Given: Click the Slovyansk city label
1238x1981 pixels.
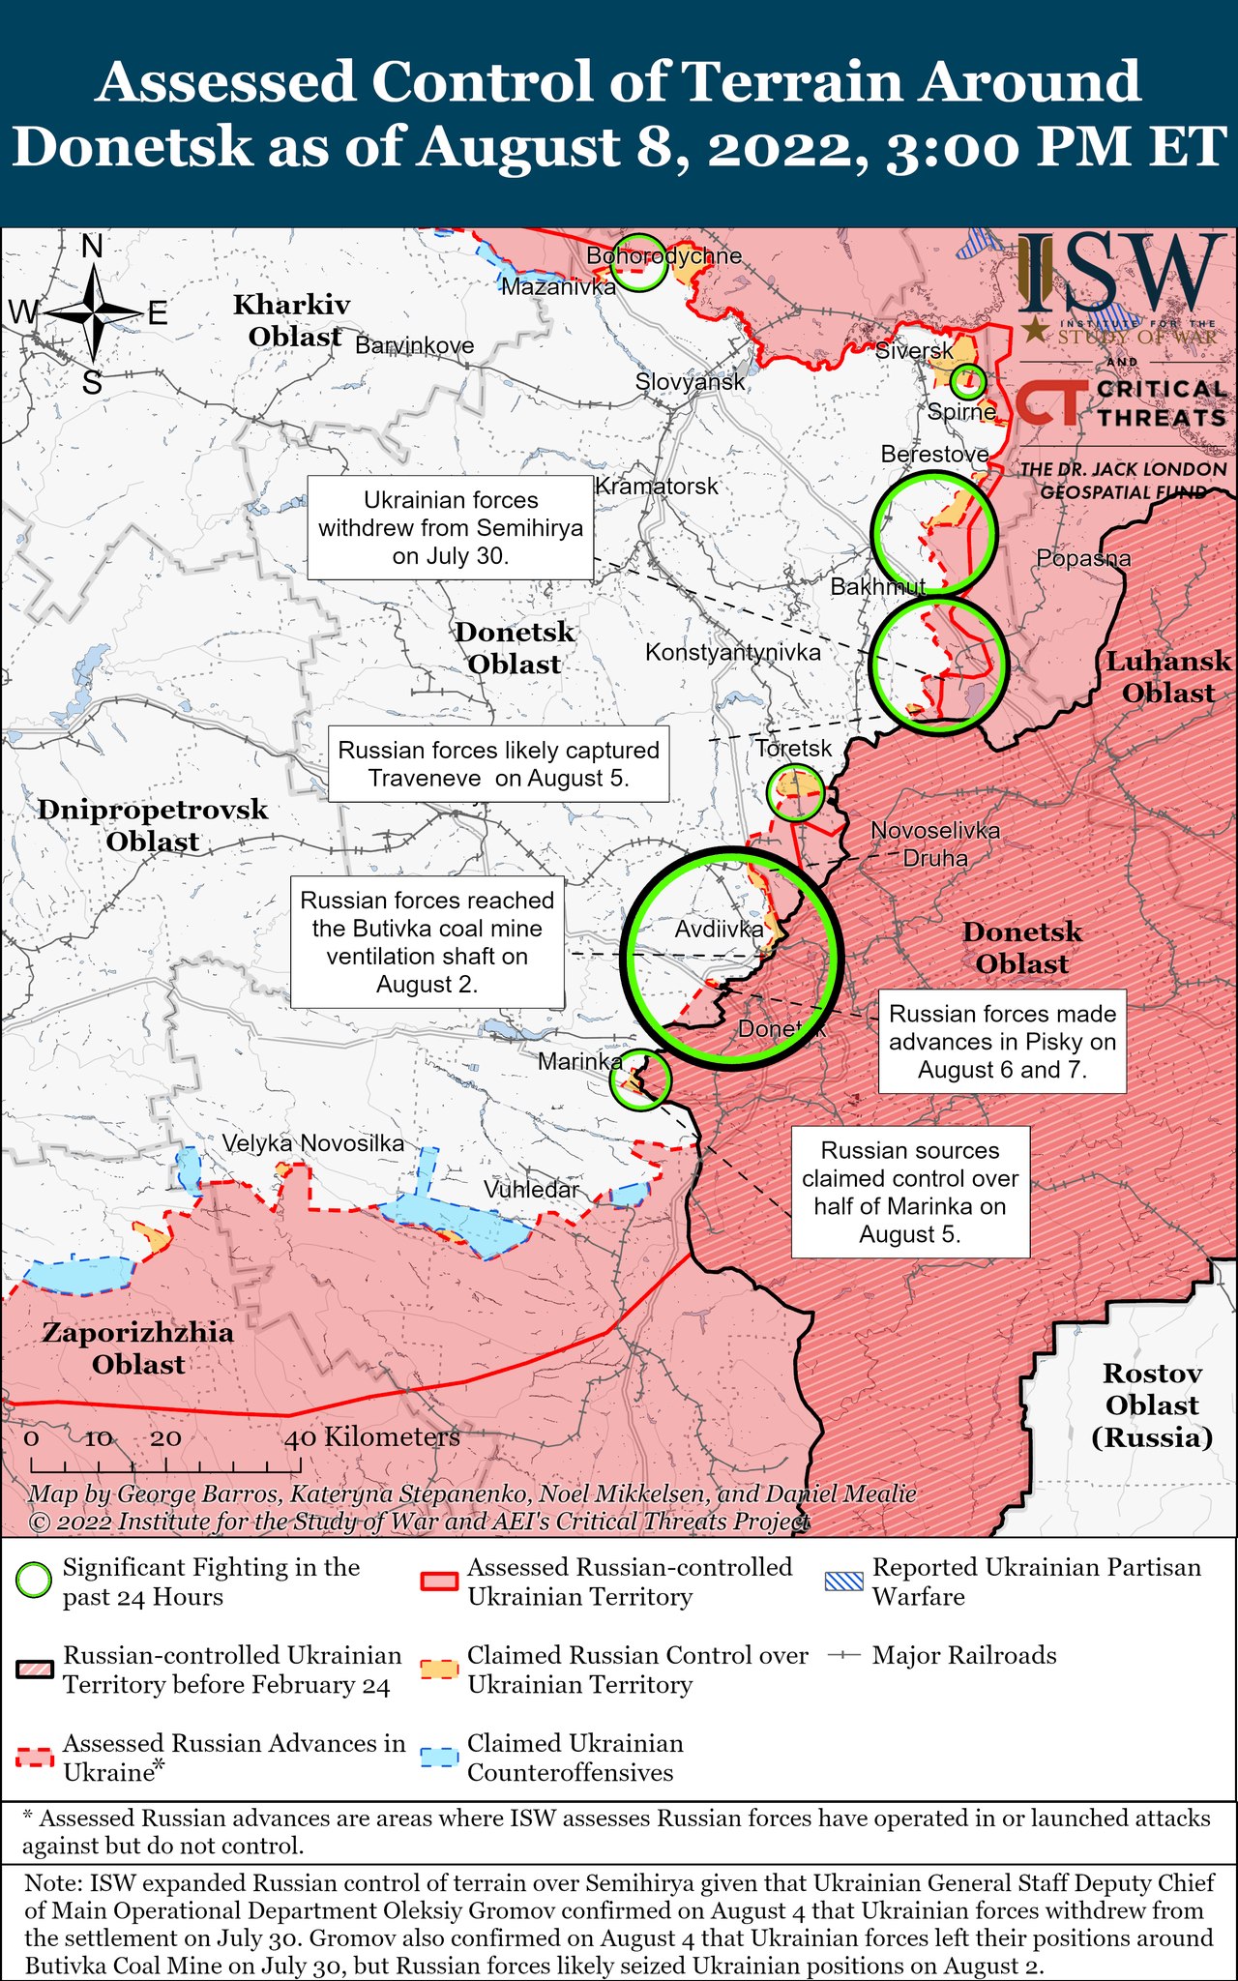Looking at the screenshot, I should (x=690, y=382).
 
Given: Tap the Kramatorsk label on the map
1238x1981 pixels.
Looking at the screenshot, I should (x=657, y=486).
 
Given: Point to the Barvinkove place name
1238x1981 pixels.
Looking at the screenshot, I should (x=414, y=345).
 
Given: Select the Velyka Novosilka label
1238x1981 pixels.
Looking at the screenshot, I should (x=313, y=1143).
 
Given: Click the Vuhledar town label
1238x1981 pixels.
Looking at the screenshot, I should (x=531, y=1189).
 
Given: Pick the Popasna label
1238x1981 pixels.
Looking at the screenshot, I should (x=1083, y=558).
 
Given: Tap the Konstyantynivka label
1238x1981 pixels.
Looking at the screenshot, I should (x=732, y=653).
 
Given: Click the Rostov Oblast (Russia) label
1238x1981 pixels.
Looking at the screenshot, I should (x=1152, y=1404).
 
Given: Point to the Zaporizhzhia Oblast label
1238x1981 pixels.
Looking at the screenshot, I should (x=138, y=1348).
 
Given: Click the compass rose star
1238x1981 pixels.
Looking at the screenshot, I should (x=93, y=312).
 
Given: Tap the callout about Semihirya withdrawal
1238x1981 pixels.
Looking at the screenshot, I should (x=451, y=527).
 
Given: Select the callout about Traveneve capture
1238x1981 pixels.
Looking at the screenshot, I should (x=498, y=764).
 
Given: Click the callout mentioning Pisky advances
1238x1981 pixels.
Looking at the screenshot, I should (x=1002, y=1041).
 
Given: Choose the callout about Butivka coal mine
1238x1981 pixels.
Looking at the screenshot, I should (x=427, y=942).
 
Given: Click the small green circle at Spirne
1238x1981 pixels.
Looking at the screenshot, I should (x=967, y=382).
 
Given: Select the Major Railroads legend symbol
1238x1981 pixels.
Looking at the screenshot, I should (x=844, y=1655).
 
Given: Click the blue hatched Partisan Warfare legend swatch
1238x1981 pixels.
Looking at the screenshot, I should (x=843, y=1582).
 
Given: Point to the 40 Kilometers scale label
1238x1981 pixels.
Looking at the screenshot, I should (x=372, y=1437).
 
